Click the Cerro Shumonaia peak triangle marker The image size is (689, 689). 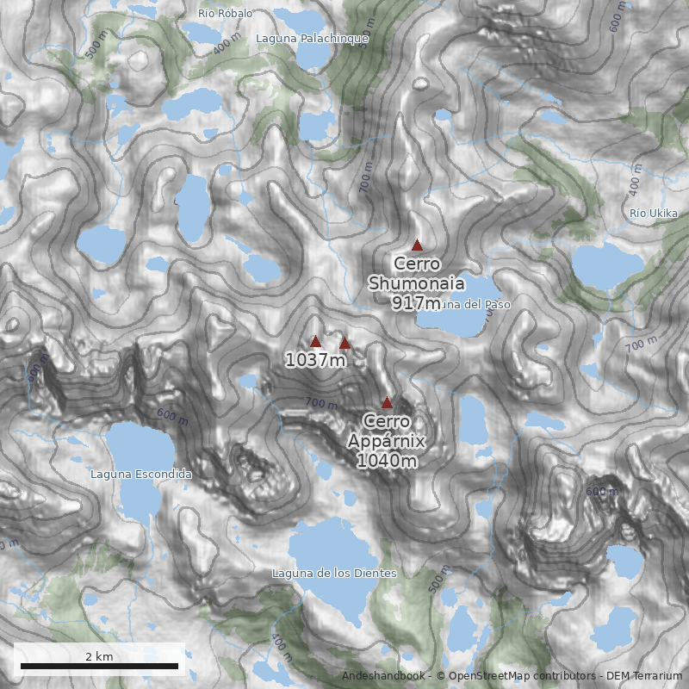point(418,245)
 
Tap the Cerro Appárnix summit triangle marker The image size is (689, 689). point(387,402)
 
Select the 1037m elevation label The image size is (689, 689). point(315,360)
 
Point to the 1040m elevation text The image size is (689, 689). point(387,461)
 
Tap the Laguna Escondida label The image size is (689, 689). point(140,474)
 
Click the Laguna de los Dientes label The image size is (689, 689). point(334,573)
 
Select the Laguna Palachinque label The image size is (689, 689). point(312,39)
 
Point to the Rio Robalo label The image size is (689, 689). point(225,13)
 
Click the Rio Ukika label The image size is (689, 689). point(653,214)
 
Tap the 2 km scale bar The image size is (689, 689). point(99,665)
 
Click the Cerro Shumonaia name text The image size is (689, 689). point(417,274)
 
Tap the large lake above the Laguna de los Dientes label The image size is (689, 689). point(332,543)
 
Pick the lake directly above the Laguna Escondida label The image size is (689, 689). point(138,444)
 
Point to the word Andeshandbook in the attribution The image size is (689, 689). point(384,676)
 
